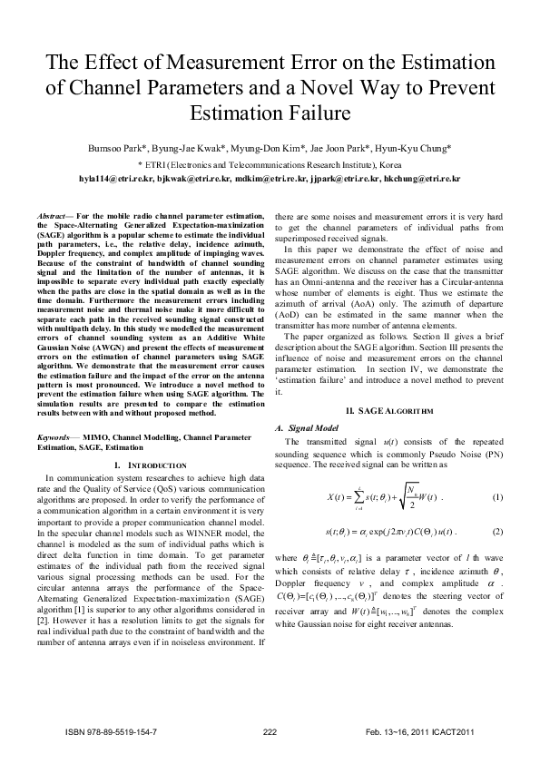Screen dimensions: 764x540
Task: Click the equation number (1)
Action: (496, 497)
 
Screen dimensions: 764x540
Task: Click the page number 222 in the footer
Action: (269, 730)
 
